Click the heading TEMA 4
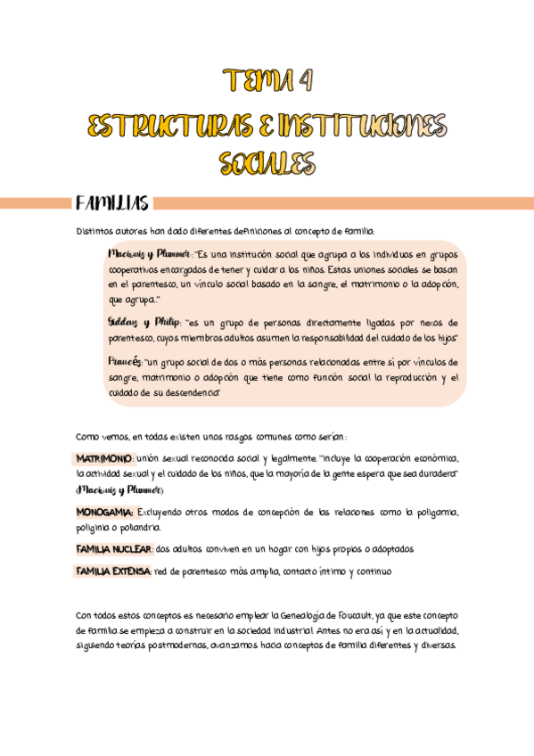pos(267,82)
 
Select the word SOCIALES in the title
pos(267,162)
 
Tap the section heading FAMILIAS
pos(111,204)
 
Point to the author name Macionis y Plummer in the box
pos(149,252)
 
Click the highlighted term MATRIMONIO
pos(104,457)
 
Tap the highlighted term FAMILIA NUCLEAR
pos(114,548)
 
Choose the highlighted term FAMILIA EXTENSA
pos(113,570)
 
